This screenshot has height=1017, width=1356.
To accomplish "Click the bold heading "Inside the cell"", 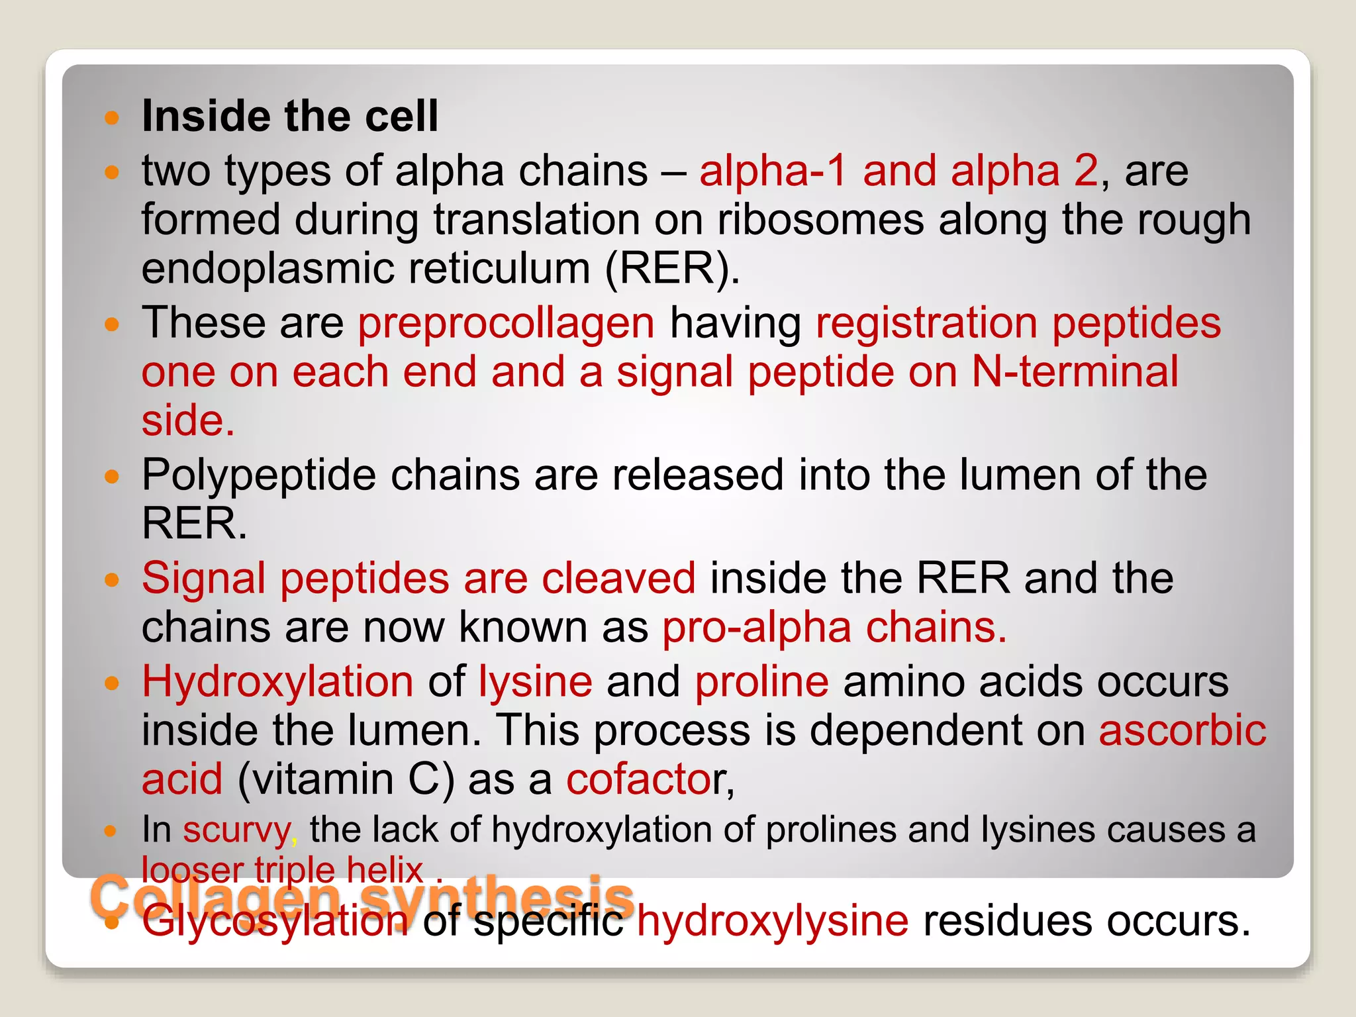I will coord(290,117).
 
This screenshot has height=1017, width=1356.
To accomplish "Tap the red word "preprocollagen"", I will coord(506,323).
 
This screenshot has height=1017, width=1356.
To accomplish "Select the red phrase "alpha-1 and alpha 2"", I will coord(898,171).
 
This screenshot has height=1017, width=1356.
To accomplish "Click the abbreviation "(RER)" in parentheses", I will coord(672,269).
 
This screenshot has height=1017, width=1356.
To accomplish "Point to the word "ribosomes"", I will coord(820,220).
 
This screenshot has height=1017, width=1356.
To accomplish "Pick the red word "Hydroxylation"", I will coord(277,682).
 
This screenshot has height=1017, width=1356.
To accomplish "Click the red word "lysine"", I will coord(535,682).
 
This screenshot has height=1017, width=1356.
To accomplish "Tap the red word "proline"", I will coord(761,682).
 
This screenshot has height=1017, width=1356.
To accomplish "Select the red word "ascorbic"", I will coord(1183,731).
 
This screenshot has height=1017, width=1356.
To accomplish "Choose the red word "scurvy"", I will coord(236,830).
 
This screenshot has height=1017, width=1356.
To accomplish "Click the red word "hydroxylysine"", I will coord(772,921).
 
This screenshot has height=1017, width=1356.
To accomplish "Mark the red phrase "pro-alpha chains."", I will coord(834,628).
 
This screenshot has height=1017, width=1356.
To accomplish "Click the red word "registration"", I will coord(926,323).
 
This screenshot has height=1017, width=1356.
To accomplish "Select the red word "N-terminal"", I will coord(1075,372).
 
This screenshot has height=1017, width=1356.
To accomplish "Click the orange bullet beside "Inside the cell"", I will coord(112,119).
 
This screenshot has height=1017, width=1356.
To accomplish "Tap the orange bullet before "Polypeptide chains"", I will coord(112,477).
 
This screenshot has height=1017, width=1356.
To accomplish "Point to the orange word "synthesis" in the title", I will coord(497,895).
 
